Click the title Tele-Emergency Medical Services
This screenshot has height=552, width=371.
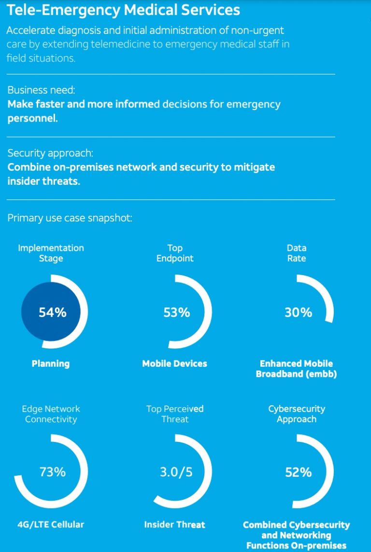point(123,10)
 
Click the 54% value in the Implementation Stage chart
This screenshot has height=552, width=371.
point(52,312)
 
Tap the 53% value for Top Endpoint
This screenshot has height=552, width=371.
point(176,312)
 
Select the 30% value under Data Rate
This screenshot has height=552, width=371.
point(298,312)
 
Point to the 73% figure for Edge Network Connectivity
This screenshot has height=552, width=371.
point(52,471)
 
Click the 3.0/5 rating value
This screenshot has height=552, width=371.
point(176,471)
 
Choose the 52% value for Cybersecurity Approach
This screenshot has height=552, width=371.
point(298,472)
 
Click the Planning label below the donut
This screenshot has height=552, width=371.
point(51,364)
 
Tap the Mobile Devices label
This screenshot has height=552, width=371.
point(174,364)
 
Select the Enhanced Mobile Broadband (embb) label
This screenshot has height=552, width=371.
point(296,369)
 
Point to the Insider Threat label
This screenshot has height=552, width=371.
point(174,524)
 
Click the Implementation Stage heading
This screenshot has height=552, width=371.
point(51,253)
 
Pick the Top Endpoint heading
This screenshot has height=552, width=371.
point(175,253)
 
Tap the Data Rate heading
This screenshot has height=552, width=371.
point(297,253)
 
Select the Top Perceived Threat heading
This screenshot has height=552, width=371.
point(175,414)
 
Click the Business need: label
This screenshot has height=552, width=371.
point(42,90)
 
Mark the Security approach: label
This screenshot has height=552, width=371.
point(50,153)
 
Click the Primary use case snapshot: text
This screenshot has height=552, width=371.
point(70,218)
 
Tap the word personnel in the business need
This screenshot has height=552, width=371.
point(32,118)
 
